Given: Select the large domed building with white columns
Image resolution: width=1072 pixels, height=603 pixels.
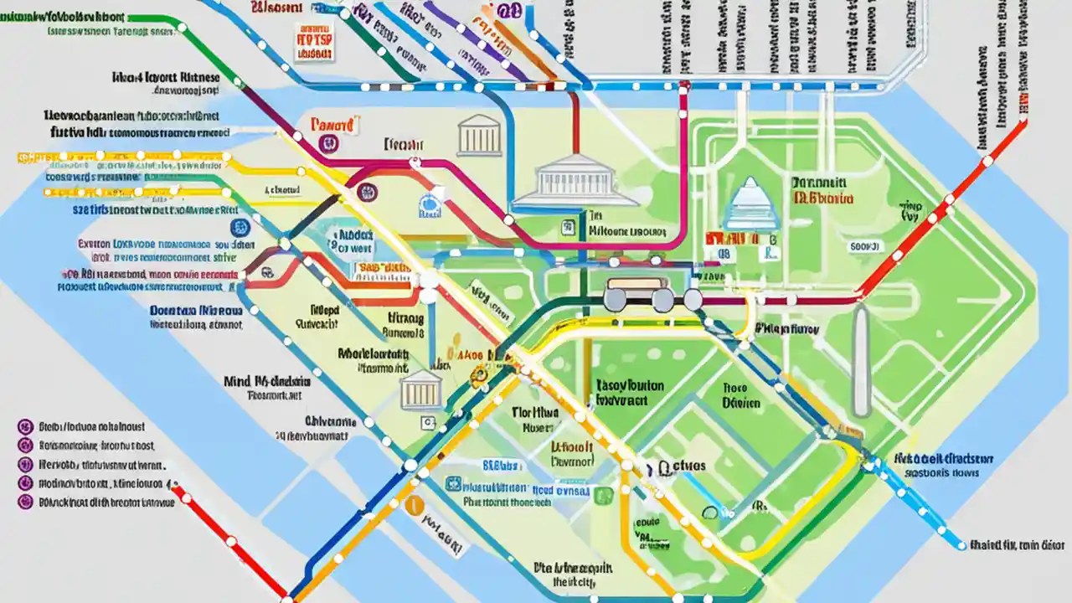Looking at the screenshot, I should [575, 180].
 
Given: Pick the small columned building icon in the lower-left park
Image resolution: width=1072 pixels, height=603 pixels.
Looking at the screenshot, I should [421, 390].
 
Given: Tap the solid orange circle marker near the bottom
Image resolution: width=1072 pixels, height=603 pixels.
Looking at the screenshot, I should [412, 504].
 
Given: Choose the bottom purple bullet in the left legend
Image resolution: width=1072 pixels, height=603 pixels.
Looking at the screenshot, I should [24, 502].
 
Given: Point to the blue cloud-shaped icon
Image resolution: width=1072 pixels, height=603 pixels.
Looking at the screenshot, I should [430, 204].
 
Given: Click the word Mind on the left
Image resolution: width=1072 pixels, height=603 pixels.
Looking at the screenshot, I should [236, 380].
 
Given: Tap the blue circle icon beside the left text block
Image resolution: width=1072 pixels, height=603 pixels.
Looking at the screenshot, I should [239, 227].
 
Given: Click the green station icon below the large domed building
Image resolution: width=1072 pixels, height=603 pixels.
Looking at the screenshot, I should [569, 226].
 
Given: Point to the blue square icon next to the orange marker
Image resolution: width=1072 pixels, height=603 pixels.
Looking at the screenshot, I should [453, 483].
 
